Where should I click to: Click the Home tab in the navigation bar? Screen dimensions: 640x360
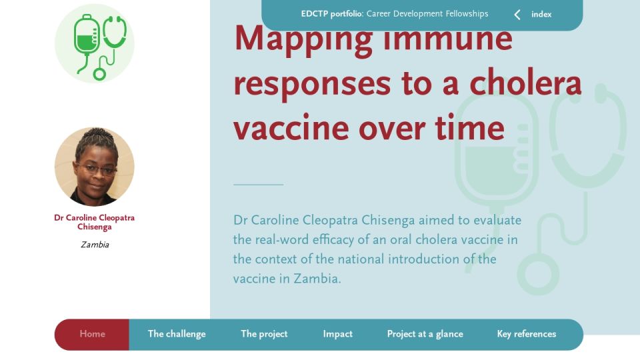click(x=92, y=334)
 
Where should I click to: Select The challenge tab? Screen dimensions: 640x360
click(x=177, y=334)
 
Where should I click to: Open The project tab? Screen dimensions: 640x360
click(x=264, y=334)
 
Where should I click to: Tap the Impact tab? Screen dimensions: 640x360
click(x=337, y=334)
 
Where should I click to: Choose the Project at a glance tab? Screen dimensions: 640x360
click(x=425, y=334)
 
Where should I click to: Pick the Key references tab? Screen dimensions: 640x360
click(x=527, y=334)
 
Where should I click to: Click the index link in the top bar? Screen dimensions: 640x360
click(x=541, y=14)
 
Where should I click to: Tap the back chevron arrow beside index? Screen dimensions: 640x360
click(x=517, y=15)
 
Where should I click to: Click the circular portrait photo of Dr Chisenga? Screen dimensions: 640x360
click(x=94, y=167)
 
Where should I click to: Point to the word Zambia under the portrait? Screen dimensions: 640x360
click(x=95, y=245)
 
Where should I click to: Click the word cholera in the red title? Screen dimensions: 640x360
click(x=525, y=83)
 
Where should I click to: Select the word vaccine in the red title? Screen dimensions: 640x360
click(x=291, y=128)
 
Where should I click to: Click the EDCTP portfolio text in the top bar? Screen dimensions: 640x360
click(x=332, y=14)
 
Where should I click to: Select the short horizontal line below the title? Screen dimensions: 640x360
click(x=259, y=185)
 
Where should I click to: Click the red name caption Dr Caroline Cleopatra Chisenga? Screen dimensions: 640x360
click(x=94, y=222)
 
